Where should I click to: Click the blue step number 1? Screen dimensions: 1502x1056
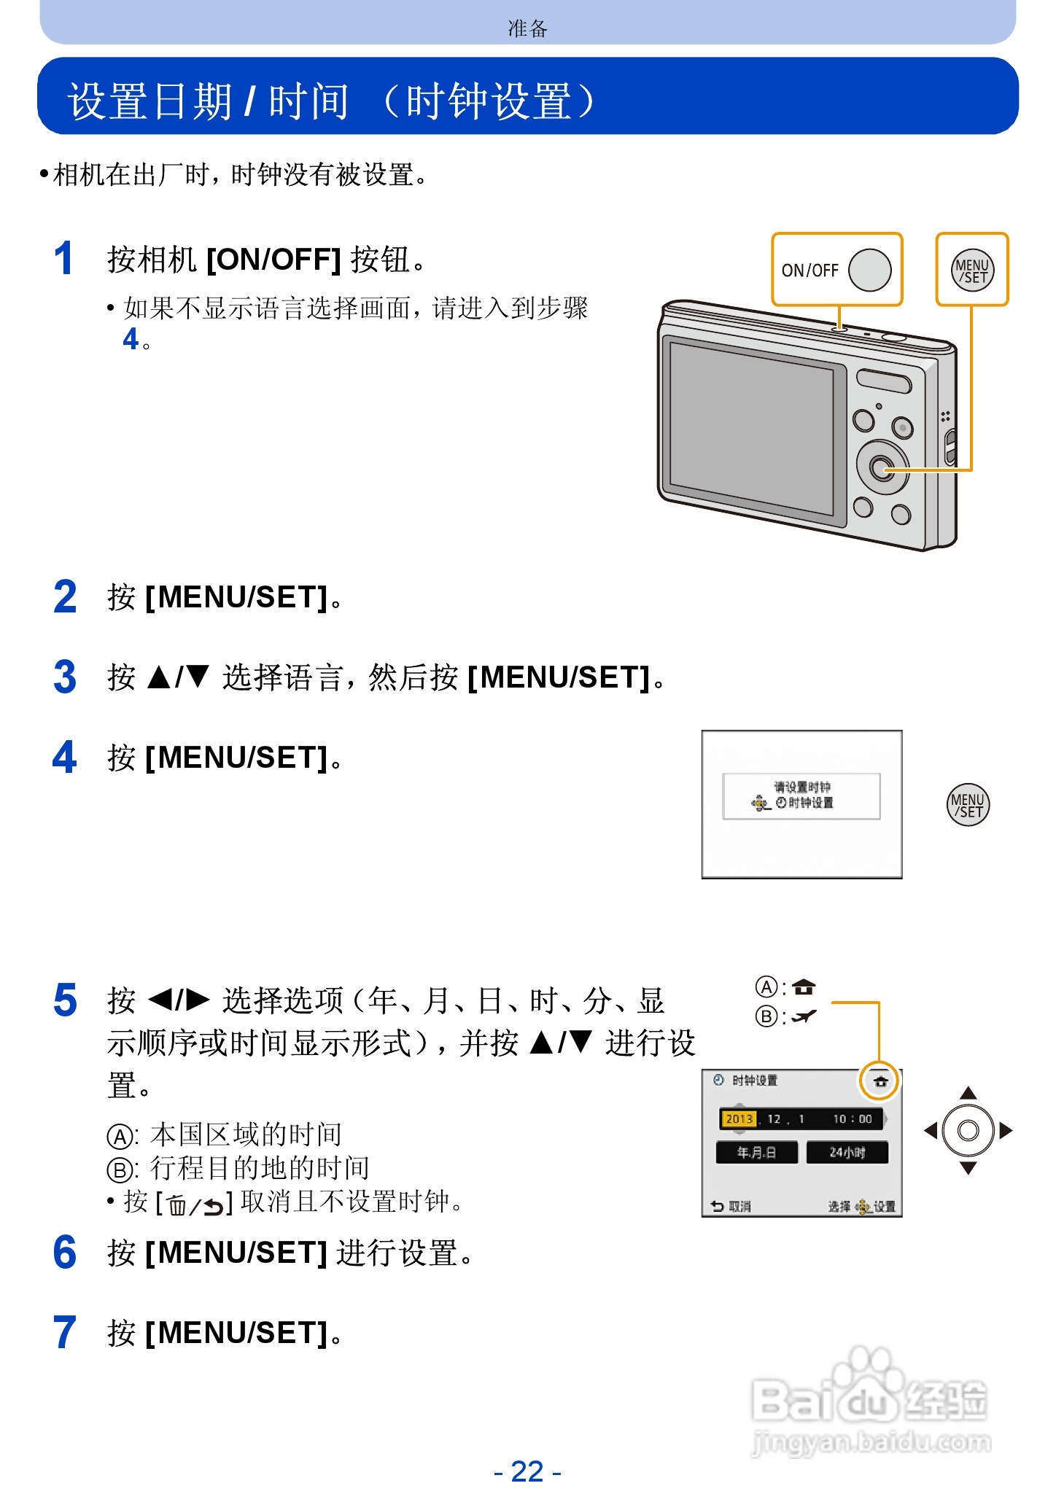(64, 259)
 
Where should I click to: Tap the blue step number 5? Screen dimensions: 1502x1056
(65, 1000)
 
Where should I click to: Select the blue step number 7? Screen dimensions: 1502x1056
(64, 1333)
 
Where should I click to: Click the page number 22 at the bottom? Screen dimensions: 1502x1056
(527, 1471)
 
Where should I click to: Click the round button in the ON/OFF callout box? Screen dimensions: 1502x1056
(869, 271)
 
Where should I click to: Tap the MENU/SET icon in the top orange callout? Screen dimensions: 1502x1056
(971, 271)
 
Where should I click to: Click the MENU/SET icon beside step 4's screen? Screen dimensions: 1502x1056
(968, 805)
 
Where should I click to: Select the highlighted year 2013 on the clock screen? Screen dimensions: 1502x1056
(739, 1118)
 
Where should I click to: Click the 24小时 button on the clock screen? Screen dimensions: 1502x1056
(847, 1152)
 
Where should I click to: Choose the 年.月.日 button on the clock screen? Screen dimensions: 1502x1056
(756, 1152)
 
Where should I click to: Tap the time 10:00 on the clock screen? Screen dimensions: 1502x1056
(852, 1118)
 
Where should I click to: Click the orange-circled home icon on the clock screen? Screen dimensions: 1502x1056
(880, 1081)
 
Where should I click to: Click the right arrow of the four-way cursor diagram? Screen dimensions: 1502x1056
(1006, 1131)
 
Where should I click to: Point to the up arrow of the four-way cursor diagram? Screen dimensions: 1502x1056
(968, 1092)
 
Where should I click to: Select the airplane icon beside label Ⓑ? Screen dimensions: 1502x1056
(804, 1016)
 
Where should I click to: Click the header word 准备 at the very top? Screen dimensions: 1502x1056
(527, 28)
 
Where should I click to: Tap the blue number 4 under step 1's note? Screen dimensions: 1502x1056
(131, 339)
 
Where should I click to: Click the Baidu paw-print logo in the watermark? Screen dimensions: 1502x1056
(864, 1382)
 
